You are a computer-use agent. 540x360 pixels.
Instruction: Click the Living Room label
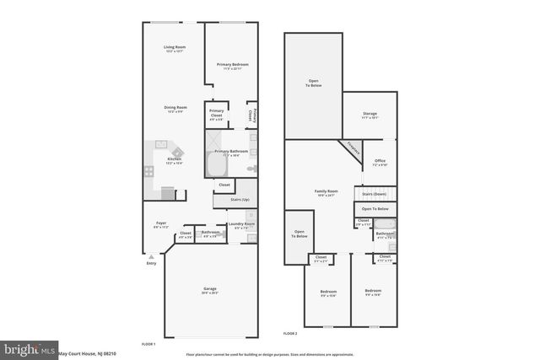point(175,48)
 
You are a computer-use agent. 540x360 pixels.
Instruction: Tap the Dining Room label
point(175,108)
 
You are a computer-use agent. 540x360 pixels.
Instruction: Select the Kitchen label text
point(175,160)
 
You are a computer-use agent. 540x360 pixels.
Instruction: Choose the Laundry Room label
point(240,224)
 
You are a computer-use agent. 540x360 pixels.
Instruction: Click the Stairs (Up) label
point(240,200)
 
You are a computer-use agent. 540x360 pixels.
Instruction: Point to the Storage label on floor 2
point(369,113)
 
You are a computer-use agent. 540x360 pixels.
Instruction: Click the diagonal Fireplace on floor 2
point(352,148)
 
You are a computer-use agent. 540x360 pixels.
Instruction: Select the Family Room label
point(326,193)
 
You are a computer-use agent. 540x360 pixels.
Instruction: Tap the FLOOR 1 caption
point(148,344)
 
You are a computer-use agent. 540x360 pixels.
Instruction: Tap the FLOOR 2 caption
point(290,334)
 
